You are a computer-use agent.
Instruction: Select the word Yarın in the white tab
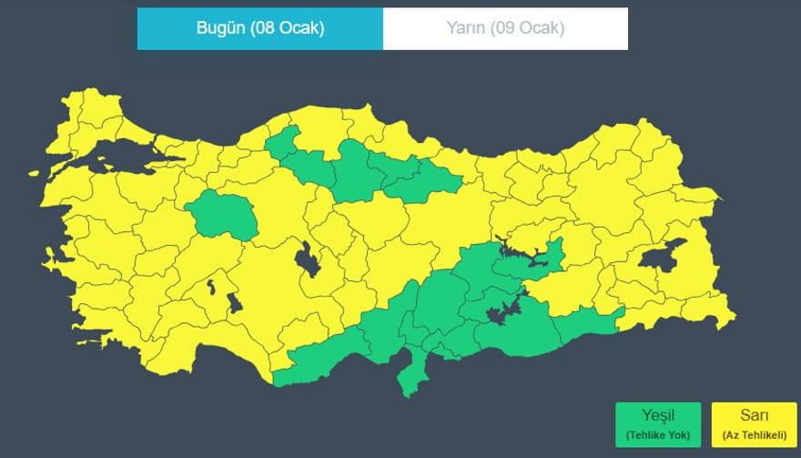(464, 28)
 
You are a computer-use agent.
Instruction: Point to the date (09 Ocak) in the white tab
(528, 28)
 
